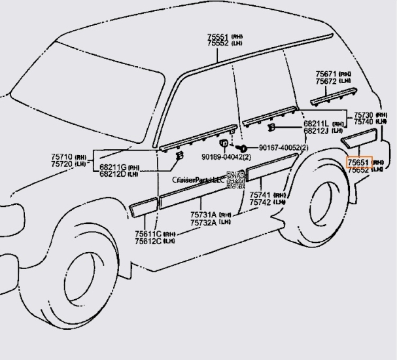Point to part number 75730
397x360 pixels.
(x=364, y=115)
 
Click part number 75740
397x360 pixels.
(x=364, y=122)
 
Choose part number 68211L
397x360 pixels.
(x=316, y=123)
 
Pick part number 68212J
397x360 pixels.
(x=316, y=130)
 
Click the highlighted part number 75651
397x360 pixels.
(x=358, y=162)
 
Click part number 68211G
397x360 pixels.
(x=112, y=168)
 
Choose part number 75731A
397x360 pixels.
(x=204, y=215)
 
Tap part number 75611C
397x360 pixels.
(x=148, y=234)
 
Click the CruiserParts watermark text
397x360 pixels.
(x=198, y=179)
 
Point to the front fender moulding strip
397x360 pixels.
(x=143, y=207)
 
